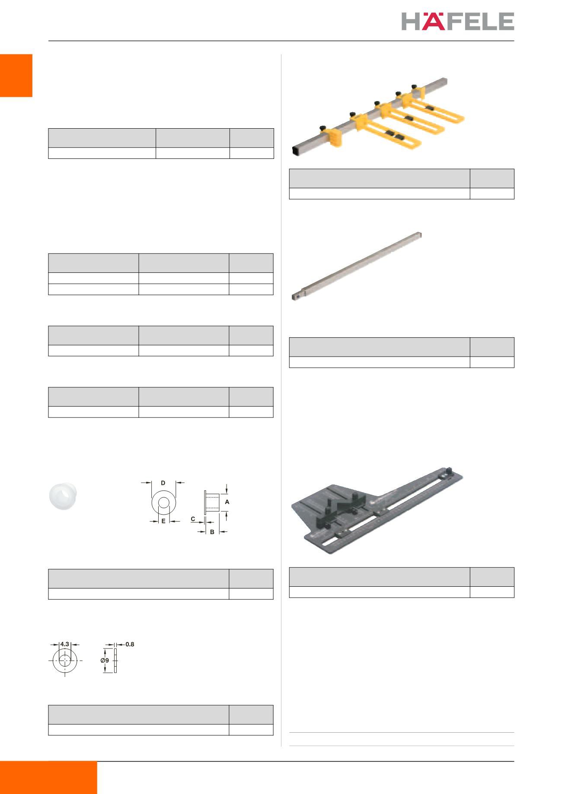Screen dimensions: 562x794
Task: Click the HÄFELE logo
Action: tap(458, 21)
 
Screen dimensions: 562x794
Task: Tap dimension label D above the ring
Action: tap(163, 482)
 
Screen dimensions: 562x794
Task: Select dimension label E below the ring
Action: tap(163, 521)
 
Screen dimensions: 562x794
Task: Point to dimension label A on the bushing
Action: tap(227, 502)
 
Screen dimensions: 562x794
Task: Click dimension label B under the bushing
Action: tap(212, 532)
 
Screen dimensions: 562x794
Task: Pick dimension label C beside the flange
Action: tap(193, 519)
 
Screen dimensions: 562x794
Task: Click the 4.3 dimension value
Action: tap(65, 644)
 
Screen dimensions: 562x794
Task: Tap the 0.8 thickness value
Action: tap(130, 644)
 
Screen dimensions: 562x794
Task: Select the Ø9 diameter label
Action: tap(104, 661)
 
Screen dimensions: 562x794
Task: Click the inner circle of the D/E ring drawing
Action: tap(163, 503)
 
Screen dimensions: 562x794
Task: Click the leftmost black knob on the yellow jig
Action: tap(322, 127)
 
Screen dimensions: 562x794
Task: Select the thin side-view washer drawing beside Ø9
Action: tap(116, 661)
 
